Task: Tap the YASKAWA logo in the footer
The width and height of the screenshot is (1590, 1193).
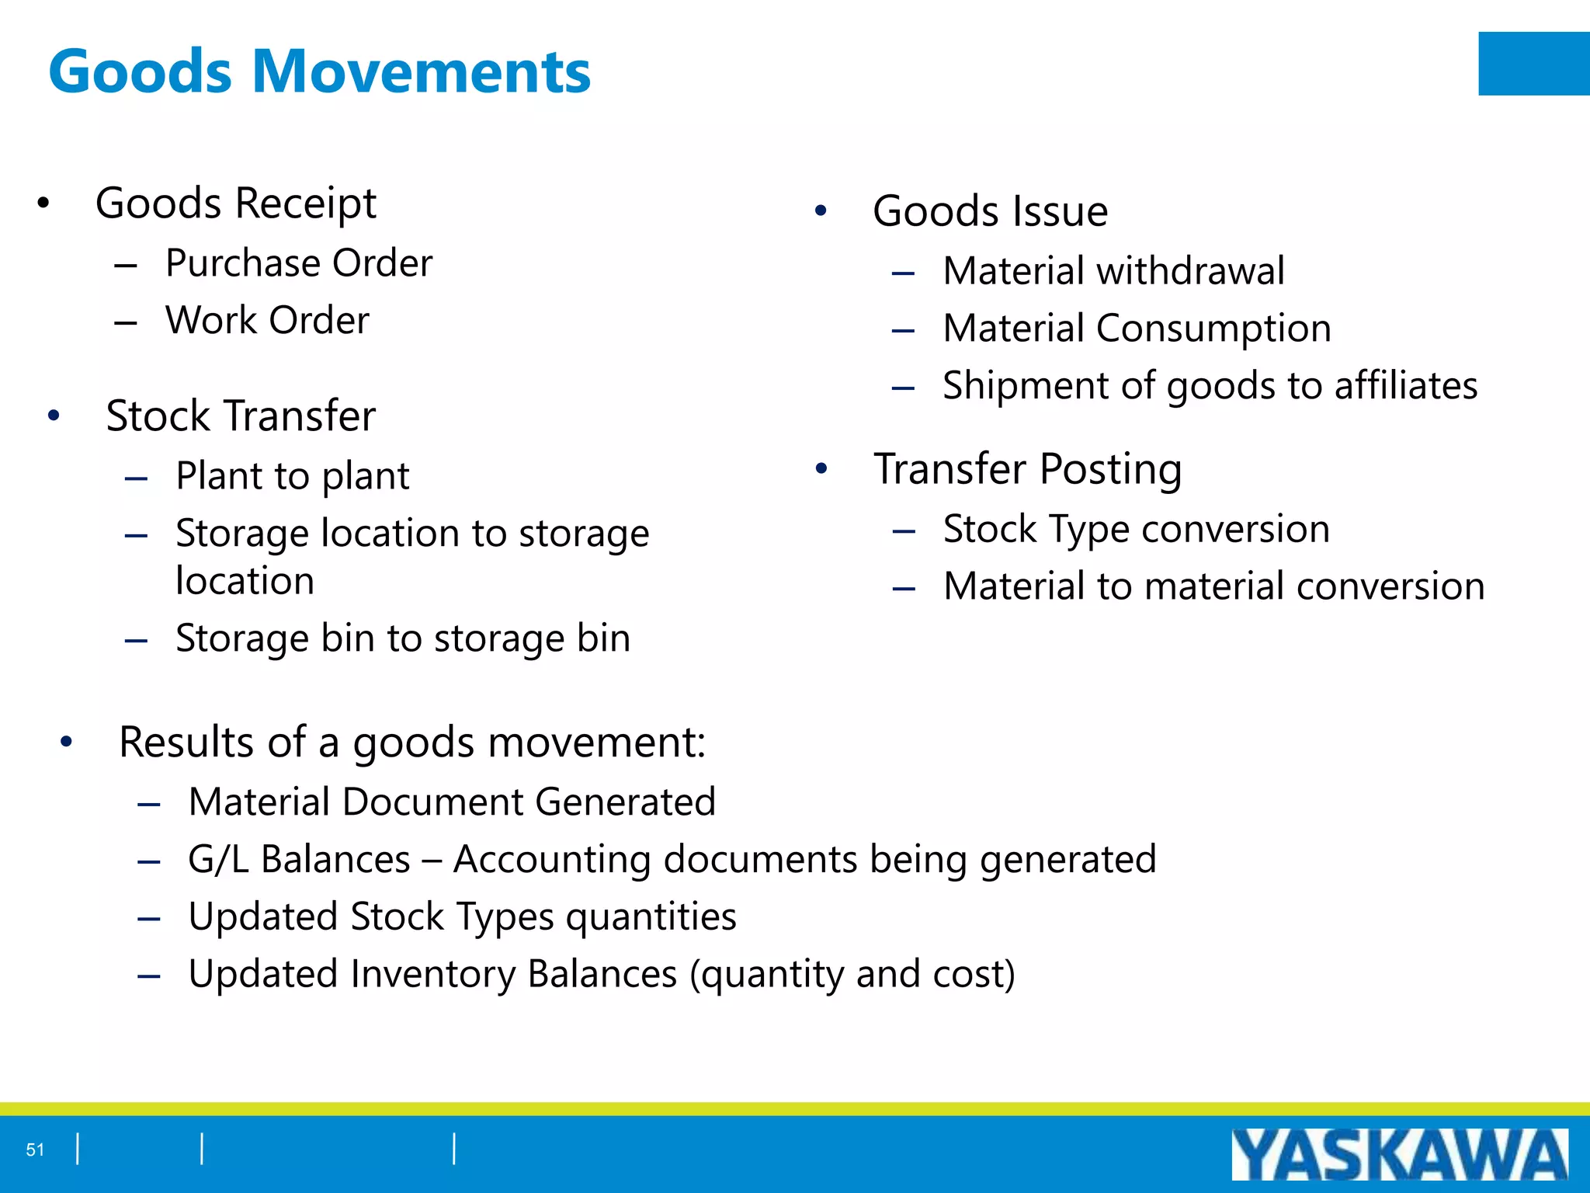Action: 1399,1154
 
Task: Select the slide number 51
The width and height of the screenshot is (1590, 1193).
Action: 35,1150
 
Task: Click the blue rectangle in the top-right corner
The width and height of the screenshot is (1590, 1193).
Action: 1533,64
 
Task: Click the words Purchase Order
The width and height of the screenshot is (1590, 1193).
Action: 299,263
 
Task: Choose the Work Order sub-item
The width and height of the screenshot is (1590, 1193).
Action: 267,320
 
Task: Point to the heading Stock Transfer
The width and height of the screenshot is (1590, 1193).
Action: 241,416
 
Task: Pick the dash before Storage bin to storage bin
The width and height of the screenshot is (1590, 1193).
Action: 136,640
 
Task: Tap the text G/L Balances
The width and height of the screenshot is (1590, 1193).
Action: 299,859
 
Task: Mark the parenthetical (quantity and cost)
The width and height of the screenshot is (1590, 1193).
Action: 852,974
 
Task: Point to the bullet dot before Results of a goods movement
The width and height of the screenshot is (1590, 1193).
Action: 67,743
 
